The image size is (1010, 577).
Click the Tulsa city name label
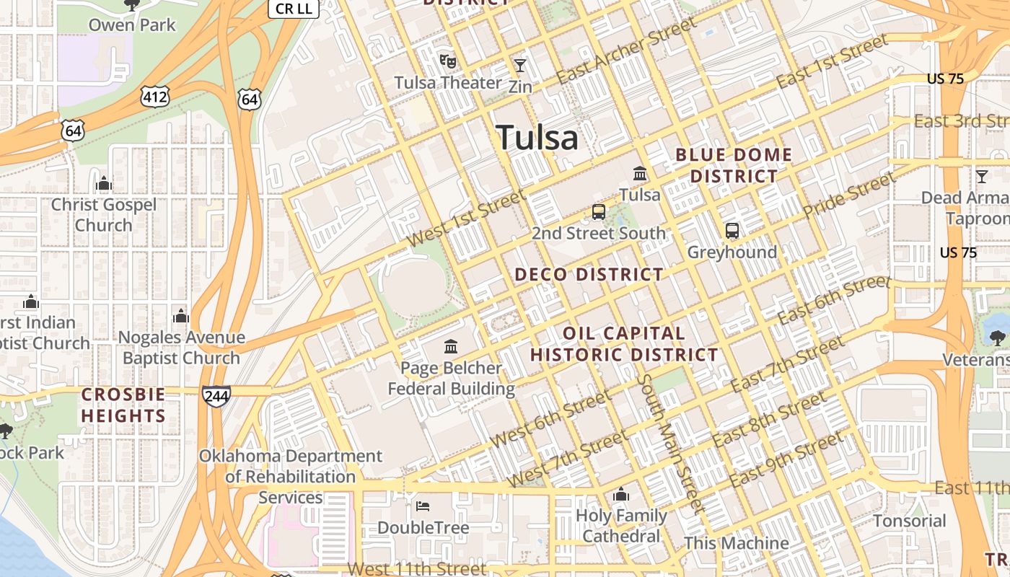point(537,137)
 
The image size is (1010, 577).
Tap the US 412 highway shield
point(155,97)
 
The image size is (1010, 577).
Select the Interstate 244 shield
point(216,396)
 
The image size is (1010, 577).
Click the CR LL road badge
point(293,9)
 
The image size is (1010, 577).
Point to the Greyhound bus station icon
point(732,231)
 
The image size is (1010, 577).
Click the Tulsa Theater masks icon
point(448,61)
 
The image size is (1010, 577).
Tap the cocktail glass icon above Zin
point(520,66)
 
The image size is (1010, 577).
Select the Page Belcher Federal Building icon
point(452,347)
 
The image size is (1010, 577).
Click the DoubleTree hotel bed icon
point(423,506)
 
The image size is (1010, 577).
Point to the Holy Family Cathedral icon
point(621,495)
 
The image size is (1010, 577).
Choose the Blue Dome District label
point(734,165)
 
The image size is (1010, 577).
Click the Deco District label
point(589,274)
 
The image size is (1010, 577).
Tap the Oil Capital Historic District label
point(624,344)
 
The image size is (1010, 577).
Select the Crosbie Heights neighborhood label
point(123,405)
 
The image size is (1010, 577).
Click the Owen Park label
point(132,25)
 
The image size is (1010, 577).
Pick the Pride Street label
point(849,195)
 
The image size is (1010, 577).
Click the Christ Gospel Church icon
point(104,184)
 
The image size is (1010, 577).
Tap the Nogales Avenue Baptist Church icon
point(181,316)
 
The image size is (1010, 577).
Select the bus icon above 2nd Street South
point(598,212)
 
